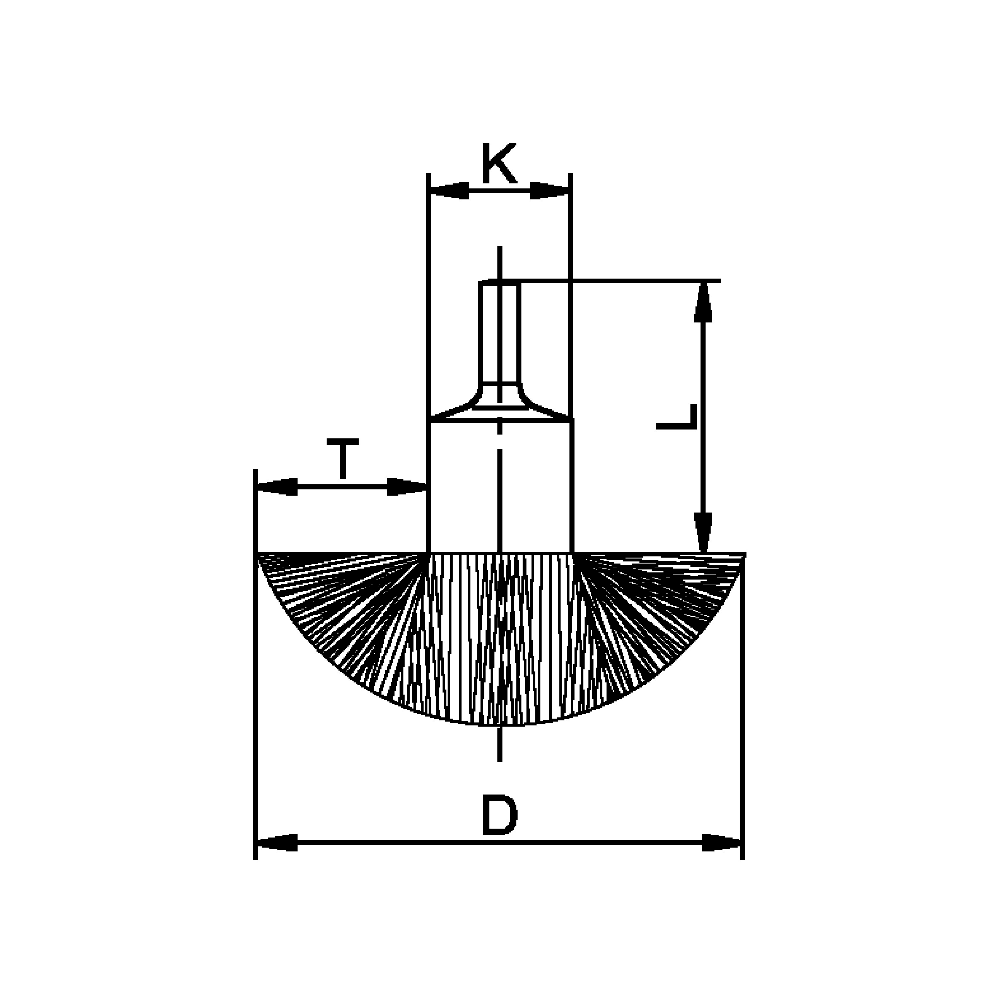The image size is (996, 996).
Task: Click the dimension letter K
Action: [499, 164]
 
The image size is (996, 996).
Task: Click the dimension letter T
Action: [342, 459]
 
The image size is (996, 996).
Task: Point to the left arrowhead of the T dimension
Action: [277, 486]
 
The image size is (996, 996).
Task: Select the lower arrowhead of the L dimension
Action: [703, 532]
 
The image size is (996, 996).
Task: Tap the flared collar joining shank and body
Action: [499, 405]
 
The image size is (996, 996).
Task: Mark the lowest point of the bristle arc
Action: [499, 725]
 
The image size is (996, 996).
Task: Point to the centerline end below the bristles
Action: [499, 760]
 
